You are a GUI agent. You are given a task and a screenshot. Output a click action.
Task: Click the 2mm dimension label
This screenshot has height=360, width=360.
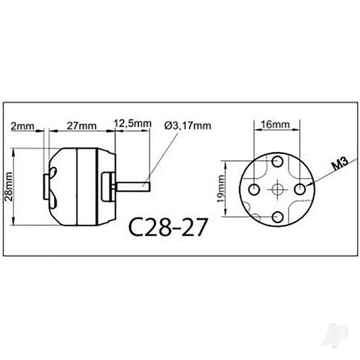click(23, 126)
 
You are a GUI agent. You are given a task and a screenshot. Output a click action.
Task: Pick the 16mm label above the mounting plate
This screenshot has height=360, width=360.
click(276, 125)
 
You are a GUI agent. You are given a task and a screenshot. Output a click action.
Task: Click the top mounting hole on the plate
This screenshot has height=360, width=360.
click(276, 163)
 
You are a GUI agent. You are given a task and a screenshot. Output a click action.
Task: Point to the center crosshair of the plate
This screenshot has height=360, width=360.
click(276, 189)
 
